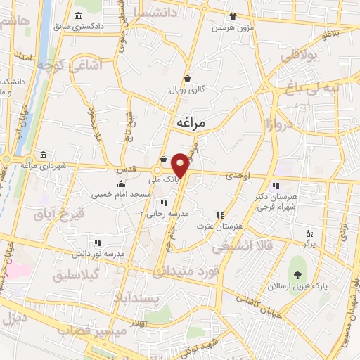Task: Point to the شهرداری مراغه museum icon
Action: coord(44,155)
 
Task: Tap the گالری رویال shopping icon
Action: coord(187,79)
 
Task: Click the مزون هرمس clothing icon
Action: coord(233,15)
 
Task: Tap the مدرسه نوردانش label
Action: coord(101,252)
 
